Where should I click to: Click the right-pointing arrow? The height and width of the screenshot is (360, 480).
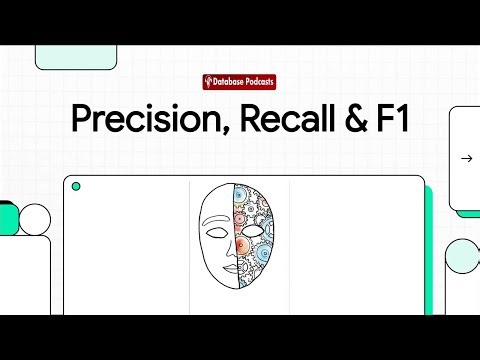click(466, 158)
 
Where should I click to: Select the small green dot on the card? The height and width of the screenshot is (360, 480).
click(76, 186)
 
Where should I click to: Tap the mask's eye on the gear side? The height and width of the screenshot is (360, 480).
click(252, 230)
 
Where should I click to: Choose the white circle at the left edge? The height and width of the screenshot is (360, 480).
click(34, 219)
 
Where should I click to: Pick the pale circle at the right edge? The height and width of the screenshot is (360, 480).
click(463, 257)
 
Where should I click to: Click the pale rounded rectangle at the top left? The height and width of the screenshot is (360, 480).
click(76, 57)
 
